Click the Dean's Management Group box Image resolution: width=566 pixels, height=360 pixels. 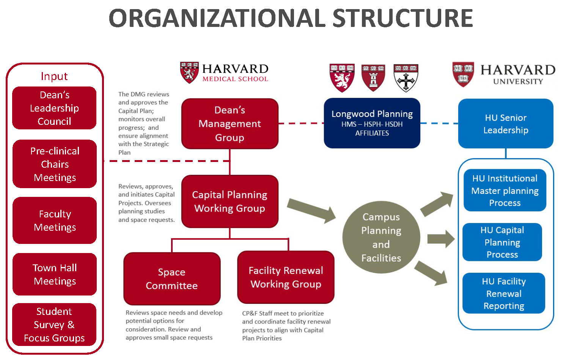(230, 124)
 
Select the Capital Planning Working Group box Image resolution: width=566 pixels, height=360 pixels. (230, 201)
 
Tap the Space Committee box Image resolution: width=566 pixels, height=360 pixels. (172, 279)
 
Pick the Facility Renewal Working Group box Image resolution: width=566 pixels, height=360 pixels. (286, 277)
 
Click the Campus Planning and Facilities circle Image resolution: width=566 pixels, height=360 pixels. (381, 237)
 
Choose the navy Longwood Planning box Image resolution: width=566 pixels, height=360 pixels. (372, 123)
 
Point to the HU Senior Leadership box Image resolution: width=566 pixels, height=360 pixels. (506, 124)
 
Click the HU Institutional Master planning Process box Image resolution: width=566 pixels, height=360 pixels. (505, 190)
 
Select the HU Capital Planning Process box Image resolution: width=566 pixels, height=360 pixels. (502, 242)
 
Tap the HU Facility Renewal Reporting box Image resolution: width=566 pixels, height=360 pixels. (503, 293)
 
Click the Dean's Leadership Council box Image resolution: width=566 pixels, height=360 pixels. (54, 108)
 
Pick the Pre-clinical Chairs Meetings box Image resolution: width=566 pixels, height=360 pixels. (55, 164)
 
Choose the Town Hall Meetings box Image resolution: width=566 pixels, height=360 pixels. (55, 274)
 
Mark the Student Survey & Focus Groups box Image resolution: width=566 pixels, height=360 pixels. (54, 324)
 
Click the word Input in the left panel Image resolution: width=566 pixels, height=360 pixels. (54, 76)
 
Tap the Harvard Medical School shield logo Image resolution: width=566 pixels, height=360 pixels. (189, 72)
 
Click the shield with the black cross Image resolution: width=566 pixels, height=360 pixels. (406, 78)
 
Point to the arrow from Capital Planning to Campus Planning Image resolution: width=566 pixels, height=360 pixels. (311, 211)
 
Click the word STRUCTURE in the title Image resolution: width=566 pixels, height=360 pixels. (402, 18)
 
